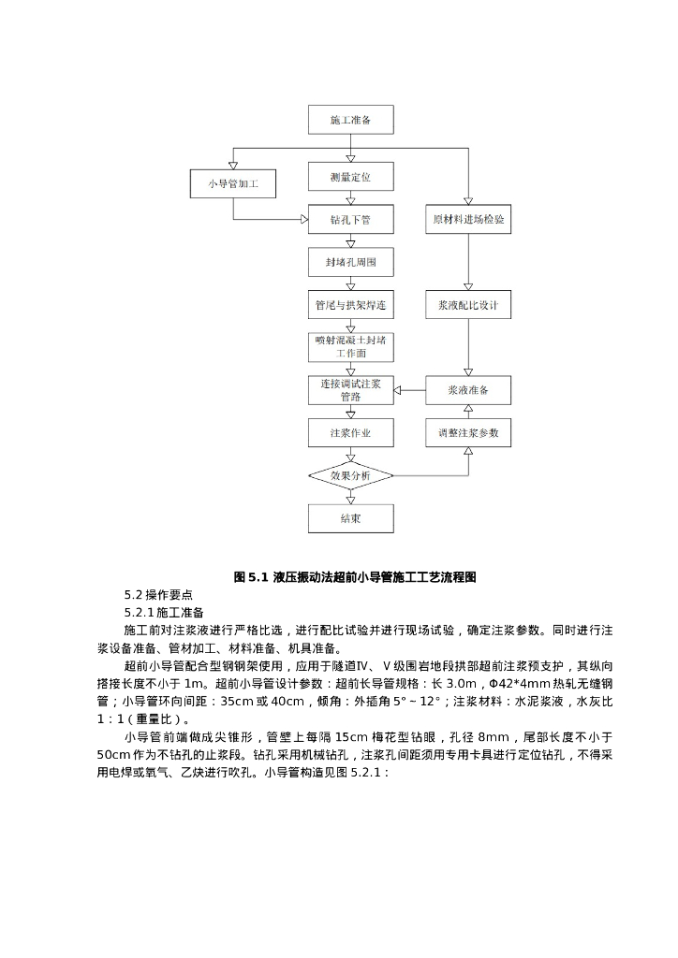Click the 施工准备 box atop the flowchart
pos(351,120)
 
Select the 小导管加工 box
pos(232,184)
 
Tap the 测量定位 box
pos(351,176)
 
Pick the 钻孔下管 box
pos(351,220)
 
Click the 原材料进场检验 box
pos(468,220)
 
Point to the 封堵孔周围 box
pos(351,262)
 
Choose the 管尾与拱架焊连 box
pos(351,305)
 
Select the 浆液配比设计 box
pos(468,305)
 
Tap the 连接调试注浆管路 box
pos(351,390)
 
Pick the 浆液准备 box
pos(468,390)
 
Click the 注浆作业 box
pos(351,433)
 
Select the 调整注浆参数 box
pos(468,433)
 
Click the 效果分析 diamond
pos(351,476)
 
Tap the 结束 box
pos(351,518)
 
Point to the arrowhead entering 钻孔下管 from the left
pos(303,220)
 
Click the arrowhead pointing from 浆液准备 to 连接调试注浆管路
pos(398,390)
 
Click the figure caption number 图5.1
pos(251,577)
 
